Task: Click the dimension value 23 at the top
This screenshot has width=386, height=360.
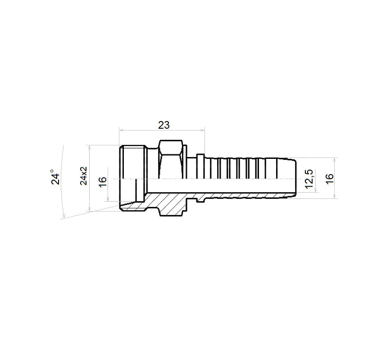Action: click(x=163, y=125)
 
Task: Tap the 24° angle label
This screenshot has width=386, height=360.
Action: click(x=55, y=177)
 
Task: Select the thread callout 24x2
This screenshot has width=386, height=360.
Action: click(x=84, y=175)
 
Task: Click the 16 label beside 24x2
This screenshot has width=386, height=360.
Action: click(x=103, y=181)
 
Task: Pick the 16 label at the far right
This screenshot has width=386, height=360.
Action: click(x=329, y=178)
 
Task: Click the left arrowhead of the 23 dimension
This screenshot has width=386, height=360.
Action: click(x=121, y=130)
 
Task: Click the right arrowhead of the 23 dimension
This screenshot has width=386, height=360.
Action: click(x=202, y=130)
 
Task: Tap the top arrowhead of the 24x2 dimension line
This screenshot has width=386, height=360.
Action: click(x=90, y=147)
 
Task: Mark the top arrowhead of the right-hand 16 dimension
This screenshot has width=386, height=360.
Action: click(x=335, y=160)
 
